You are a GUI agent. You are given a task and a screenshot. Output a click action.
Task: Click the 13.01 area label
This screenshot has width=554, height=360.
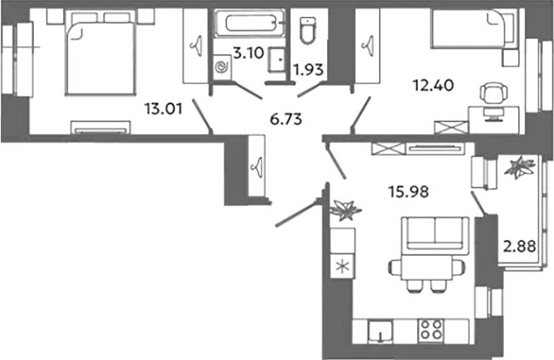163,109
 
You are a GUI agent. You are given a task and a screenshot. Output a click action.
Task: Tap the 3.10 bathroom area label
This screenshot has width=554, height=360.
249,53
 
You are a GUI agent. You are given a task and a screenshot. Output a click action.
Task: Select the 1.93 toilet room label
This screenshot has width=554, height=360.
308,70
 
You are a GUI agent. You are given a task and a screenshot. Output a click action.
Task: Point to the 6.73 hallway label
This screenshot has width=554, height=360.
285,120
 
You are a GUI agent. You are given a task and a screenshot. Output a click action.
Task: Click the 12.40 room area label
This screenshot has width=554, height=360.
433,85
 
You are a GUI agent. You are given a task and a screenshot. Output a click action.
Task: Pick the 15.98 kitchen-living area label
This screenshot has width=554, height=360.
409,192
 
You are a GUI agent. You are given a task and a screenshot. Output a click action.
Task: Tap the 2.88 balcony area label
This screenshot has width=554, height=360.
519,246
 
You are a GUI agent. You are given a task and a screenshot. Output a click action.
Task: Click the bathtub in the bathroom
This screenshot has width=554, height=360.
250,23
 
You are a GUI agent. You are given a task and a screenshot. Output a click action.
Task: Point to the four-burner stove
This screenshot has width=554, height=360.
431,329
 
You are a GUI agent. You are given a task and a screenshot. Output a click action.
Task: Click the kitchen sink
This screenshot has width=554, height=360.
380,331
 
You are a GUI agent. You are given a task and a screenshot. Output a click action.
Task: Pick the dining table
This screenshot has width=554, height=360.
426,268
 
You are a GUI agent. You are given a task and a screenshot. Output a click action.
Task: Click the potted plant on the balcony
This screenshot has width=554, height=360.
519,166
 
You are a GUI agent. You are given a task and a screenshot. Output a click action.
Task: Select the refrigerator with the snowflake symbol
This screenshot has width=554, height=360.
342,266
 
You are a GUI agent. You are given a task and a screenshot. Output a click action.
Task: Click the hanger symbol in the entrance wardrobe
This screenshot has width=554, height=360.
257,166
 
